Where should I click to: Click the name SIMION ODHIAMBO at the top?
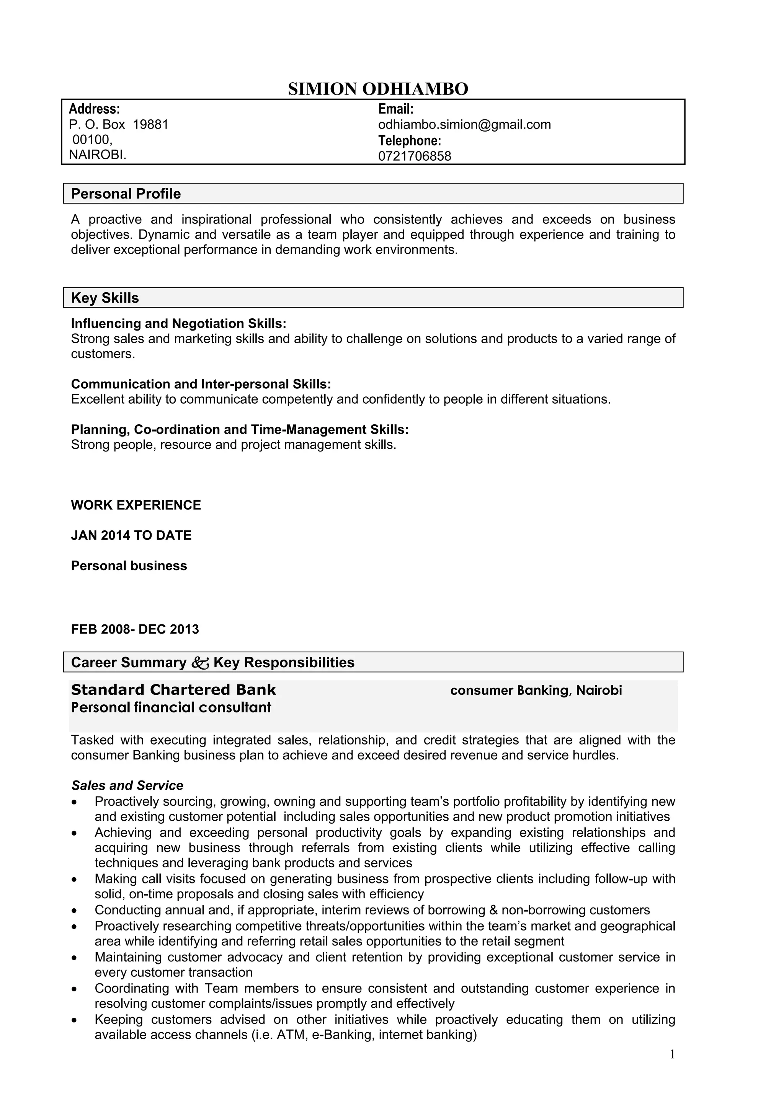(378, 89)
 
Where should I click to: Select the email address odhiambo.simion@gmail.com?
(464, 125)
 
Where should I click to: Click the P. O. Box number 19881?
(150, 125)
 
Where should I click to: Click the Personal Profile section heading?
(126, 194)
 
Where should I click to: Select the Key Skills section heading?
(105, 298)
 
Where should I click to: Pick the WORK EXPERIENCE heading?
(136, 505)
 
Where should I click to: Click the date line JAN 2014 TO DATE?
(131, 536)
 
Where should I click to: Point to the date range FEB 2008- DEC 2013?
(135, 629)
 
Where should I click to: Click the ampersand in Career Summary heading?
(200, 663)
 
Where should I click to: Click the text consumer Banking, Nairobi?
(536, 691)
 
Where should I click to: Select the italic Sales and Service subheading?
(127, 785)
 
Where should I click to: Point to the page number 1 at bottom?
(672, 1055)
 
